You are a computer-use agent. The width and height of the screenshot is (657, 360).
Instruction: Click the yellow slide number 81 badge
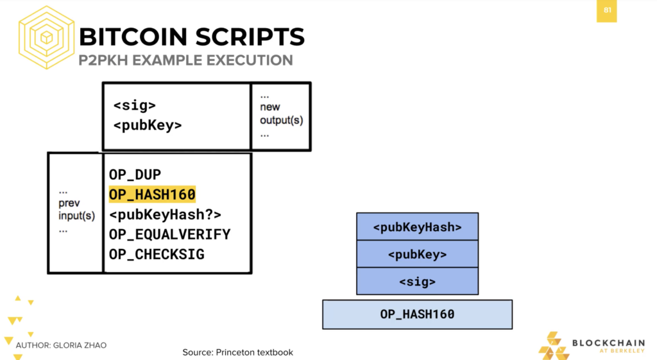(x=607, y=11)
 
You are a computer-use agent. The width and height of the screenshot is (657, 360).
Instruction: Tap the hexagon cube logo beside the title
(x=46, y=37)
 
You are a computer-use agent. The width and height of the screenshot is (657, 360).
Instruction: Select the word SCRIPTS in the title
(x=250, y=37)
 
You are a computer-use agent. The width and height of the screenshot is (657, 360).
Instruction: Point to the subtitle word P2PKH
(x=103, y=60)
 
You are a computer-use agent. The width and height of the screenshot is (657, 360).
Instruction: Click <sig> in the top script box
(x=135, y=105)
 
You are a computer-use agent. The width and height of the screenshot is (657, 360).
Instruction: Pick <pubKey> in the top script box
(x=148, y=125)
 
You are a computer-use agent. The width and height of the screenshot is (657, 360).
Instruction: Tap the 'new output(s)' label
(x=281, y=114)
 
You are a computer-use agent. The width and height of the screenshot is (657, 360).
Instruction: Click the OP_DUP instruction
(x=135, y=175)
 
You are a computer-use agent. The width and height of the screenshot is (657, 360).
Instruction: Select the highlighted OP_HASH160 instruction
(x=152, y=194)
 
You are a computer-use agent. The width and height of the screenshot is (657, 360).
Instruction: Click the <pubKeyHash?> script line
(x=165, y=214)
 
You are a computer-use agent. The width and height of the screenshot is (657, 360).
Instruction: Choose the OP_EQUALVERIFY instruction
(x=169, y=234)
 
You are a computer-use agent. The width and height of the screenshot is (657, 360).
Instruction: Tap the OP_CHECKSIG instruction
(x=157, y=254)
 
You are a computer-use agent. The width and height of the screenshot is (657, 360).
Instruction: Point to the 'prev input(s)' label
(x=77, y=210)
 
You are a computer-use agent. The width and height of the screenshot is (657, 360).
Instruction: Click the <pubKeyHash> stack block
(x=417, y=227)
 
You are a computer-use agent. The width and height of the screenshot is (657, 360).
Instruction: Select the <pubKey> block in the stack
(x=417, y=254)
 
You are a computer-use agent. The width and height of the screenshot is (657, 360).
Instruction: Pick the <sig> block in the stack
(x=417, y=281)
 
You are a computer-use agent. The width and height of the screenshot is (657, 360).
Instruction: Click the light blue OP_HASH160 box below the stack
(x=417, y=314)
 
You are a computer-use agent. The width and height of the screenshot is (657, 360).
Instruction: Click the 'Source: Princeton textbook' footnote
(x=237, y=352)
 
